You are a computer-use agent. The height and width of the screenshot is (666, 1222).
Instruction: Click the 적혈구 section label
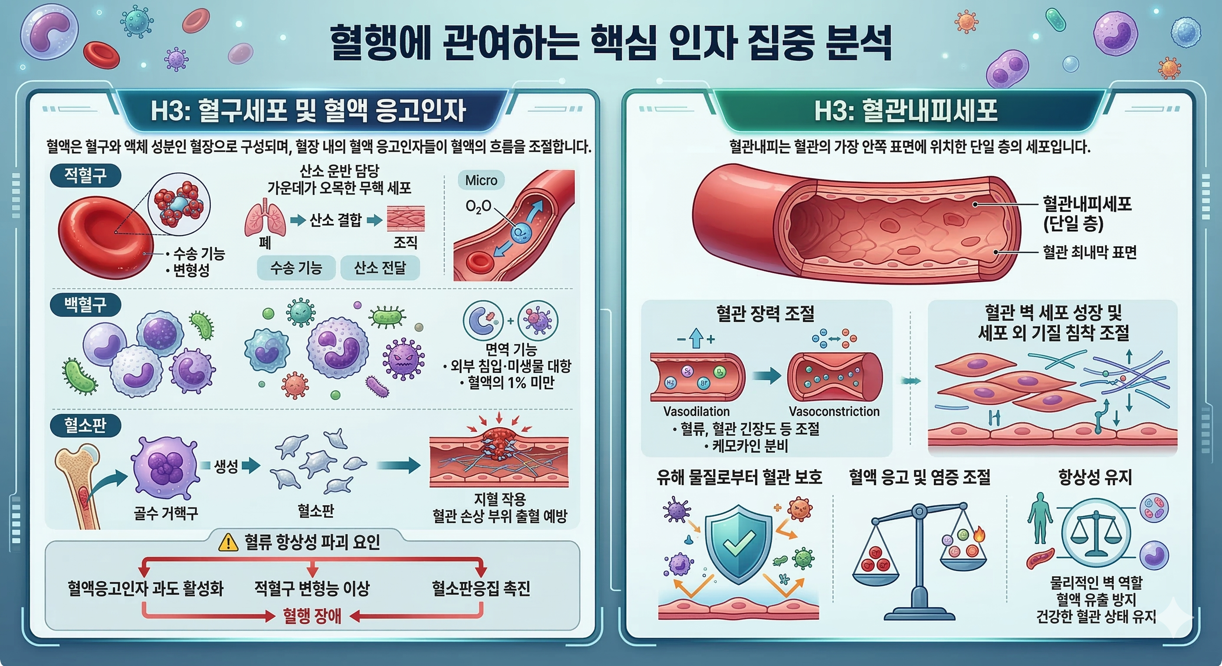85,176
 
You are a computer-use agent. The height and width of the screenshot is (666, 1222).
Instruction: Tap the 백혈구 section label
85,304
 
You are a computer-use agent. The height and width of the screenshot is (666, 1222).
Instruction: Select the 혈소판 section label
85,425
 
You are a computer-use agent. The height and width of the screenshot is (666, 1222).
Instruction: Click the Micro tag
481,181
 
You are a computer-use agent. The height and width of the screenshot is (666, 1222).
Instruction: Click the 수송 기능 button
296,268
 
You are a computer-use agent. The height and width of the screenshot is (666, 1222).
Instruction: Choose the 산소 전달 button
380,268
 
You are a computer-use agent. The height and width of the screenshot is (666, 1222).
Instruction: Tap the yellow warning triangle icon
228,543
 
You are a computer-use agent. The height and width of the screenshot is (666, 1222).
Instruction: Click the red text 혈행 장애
312,616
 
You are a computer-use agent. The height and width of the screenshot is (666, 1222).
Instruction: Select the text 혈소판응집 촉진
480,589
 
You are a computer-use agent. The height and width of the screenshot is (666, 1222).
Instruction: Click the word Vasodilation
696,411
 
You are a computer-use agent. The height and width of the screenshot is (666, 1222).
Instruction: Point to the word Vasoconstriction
834,411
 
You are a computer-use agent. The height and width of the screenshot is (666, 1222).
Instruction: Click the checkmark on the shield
739,543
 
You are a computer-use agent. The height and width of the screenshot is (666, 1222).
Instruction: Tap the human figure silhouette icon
1040,518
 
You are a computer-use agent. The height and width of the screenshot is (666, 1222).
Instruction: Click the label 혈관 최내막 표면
1090,252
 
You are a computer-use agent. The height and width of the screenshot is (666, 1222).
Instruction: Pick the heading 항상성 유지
1095,477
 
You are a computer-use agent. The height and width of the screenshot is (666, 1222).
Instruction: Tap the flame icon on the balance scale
978,534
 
